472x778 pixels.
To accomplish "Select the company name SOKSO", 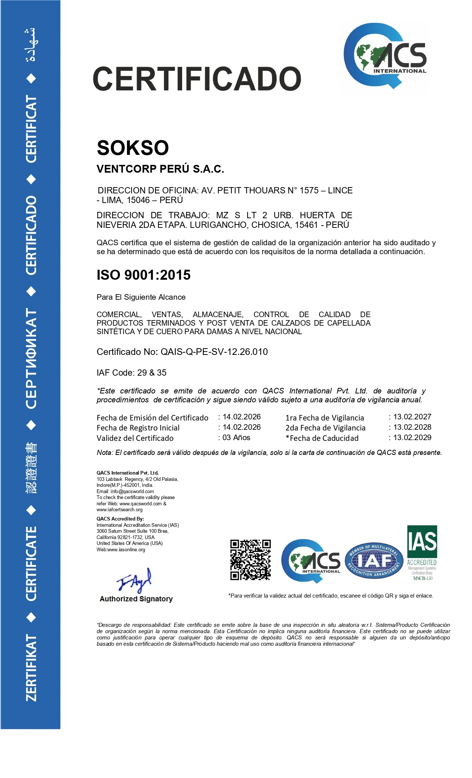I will [x=133, y=148].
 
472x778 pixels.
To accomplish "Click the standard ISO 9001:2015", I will [x=144, y=275].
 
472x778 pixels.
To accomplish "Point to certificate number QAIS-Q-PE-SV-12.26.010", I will [x=214, y=352].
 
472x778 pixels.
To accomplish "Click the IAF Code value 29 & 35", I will [x=152, y=373].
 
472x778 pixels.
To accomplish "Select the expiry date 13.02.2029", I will [x=412, y=438].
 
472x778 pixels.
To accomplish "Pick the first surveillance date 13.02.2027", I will [x=412, y=417].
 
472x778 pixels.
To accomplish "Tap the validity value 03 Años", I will [x=236, y=438].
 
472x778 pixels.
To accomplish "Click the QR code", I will [x=251, y=560].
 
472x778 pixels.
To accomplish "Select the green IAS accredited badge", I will [x=422, y=552].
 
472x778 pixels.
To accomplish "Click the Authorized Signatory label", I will [x=136, y=599].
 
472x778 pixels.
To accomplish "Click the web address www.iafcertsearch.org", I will [x=120, y=509].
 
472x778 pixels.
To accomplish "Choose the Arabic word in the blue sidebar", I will [x=31, y=45].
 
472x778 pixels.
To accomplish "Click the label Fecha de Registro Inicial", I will [x=138, y=428].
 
